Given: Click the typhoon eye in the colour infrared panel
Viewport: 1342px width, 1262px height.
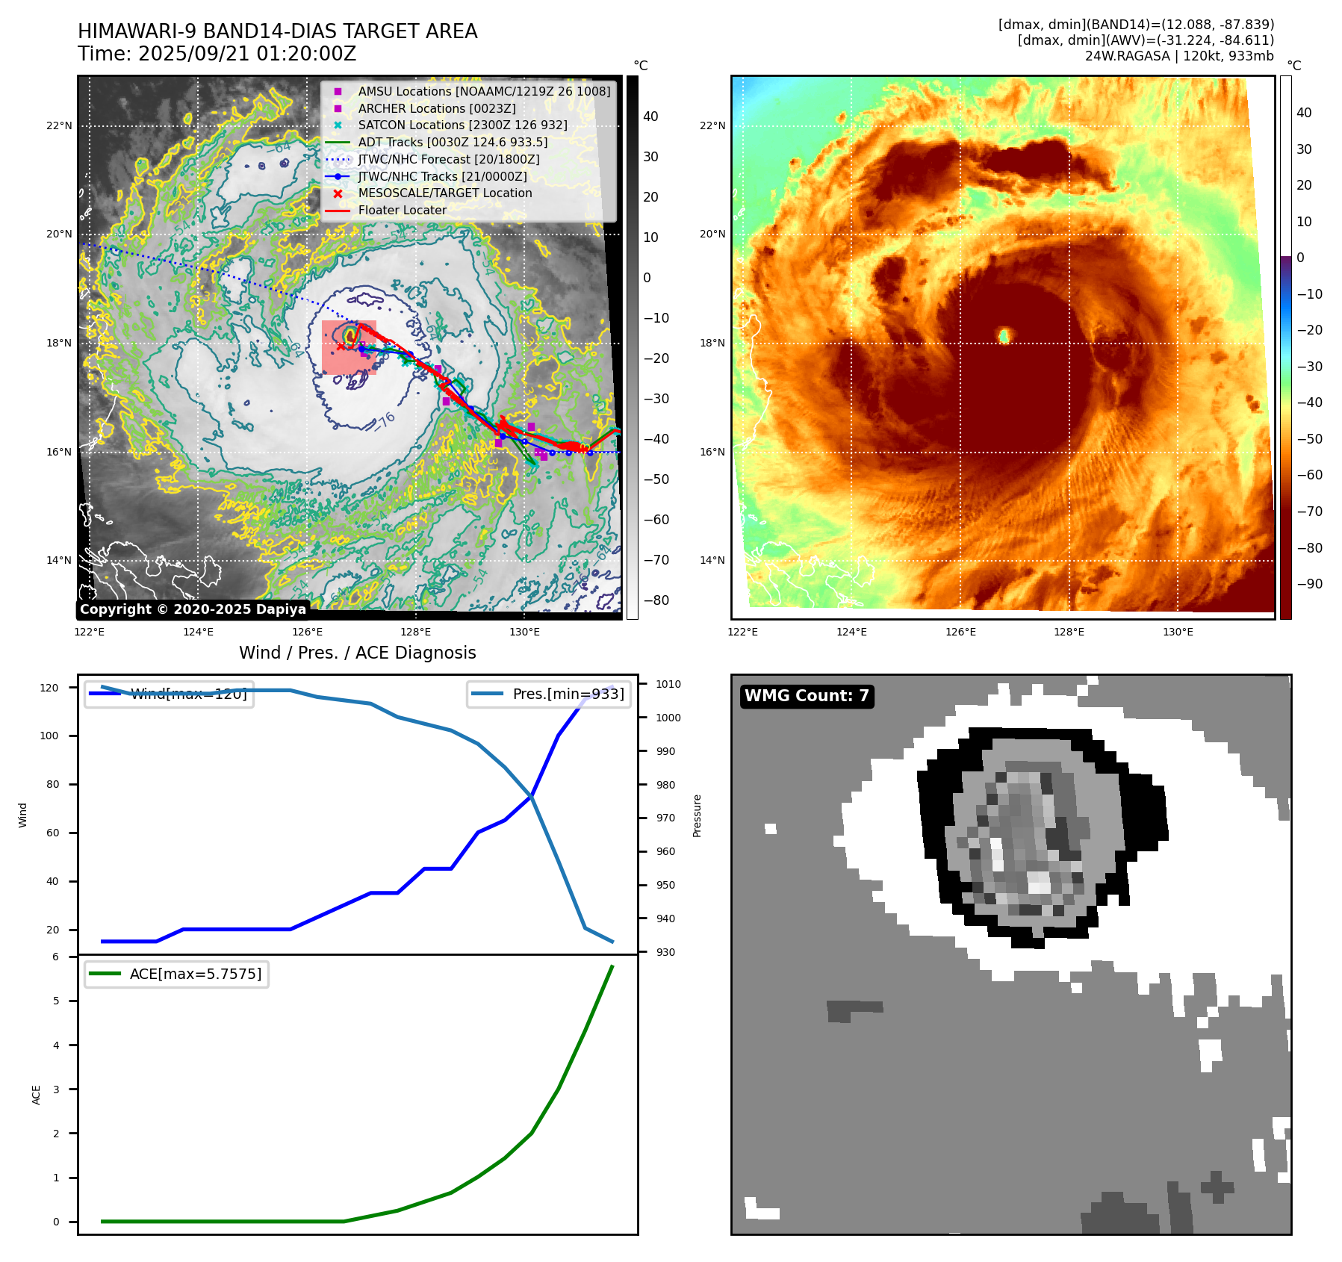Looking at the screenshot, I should (1004, 335).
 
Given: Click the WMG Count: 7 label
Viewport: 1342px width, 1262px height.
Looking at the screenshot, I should (807, 696).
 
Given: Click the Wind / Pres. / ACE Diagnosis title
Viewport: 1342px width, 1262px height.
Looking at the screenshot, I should (357, 653).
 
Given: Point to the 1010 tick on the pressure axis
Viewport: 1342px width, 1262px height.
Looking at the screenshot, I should (668, 684).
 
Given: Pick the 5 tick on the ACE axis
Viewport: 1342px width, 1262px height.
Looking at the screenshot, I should (56, 1001).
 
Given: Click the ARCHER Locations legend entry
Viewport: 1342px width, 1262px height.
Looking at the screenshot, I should (436, 108).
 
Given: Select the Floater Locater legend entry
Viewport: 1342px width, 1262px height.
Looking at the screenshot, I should (402, 210).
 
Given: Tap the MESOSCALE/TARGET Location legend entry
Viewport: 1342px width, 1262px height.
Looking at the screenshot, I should (444, 193).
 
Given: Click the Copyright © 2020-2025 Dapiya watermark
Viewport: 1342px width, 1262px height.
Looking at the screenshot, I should (193, 609).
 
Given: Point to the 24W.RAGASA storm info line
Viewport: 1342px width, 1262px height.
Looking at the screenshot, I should (1179, 56).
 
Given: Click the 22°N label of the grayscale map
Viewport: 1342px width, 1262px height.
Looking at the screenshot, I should (59, 125).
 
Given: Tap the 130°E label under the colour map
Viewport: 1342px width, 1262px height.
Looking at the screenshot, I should (1178, 632).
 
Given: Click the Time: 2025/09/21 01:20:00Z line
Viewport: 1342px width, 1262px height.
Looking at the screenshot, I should (217, 54).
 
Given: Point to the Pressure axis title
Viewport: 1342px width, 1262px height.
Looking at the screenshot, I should (697, 815).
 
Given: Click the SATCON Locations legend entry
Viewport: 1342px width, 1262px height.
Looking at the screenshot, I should (462, 125).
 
